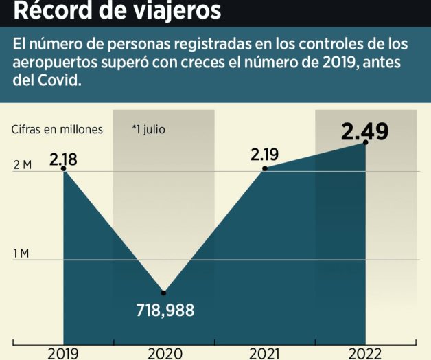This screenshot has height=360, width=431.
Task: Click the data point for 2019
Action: click(x=63, y=168)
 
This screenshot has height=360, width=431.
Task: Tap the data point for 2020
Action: click(x=163, y=293)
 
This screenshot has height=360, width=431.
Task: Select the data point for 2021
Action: click(x=265, y=168)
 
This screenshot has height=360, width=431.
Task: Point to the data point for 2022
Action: click(x=365, y=142)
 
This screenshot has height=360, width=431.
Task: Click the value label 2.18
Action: click(x=63, y=160)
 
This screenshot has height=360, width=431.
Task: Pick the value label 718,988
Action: click(x=164, y=310)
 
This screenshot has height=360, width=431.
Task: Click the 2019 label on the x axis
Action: click(x=62, y=353)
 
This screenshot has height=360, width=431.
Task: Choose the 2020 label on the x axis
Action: click(x=164, y=353)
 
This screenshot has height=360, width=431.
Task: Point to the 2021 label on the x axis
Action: click(x=264, y=353)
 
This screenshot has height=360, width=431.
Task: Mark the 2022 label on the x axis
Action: click(x=365, y=353)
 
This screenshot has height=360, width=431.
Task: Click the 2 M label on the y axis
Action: click(x=21, y=166)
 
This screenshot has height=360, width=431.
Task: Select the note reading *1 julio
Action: click(x=149, y=128)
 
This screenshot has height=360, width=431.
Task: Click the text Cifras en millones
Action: click(x=57, y=128)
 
